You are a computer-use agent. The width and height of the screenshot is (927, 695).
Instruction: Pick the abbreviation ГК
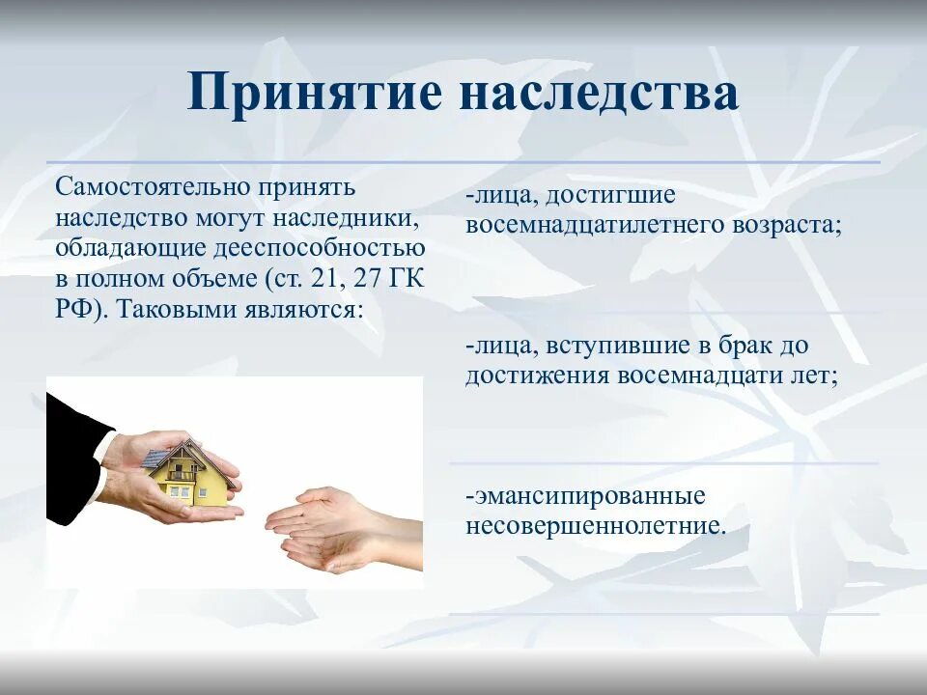(405, 279)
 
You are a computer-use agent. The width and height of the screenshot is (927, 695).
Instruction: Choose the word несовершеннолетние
(595, 527)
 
